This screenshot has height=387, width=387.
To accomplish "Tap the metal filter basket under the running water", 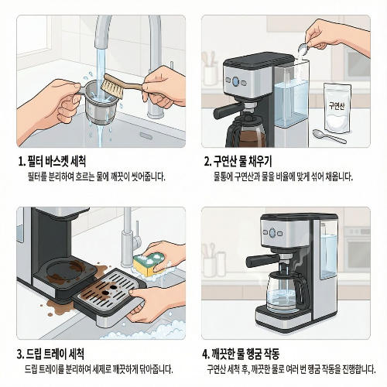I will pos(101,104).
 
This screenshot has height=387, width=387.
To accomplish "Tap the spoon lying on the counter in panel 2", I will pos(330,136).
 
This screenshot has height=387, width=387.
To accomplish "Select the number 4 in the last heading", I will pos(205,354).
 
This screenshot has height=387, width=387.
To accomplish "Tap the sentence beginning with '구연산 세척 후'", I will pos(286,369).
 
